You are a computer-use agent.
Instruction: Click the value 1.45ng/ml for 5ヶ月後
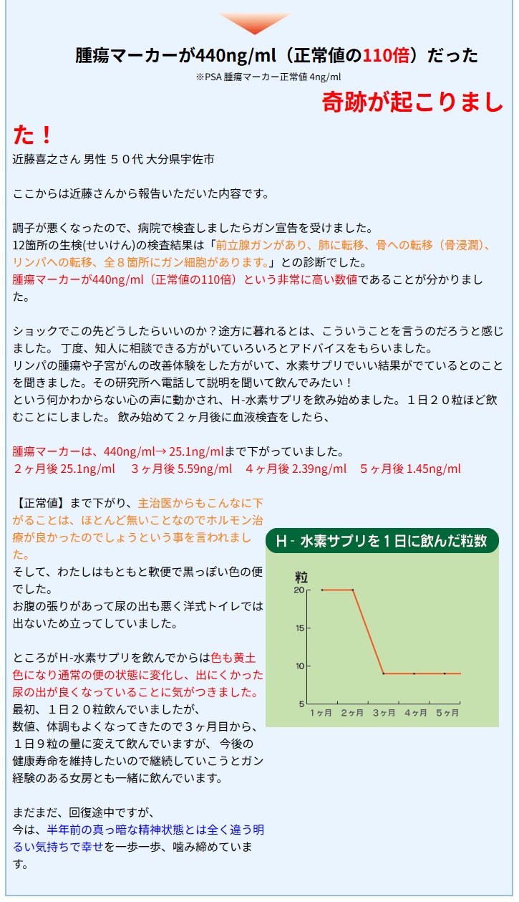coord(434,469)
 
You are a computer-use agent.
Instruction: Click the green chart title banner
coord(382,541)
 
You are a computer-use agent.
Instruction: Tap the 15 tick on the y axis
coord(299,628)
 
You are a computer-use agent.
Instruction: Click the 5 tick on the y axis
coord(301,704)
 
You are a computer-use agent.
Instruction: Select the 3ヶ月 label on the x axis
coord(383,714)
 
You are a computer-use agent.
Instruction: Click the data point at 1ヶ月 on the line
coord(322,590)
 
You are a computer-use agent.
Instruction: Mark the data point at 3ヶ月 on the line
coord(384,673)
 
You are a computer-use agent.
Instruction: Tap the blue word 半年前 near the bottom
coord(64,830)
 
